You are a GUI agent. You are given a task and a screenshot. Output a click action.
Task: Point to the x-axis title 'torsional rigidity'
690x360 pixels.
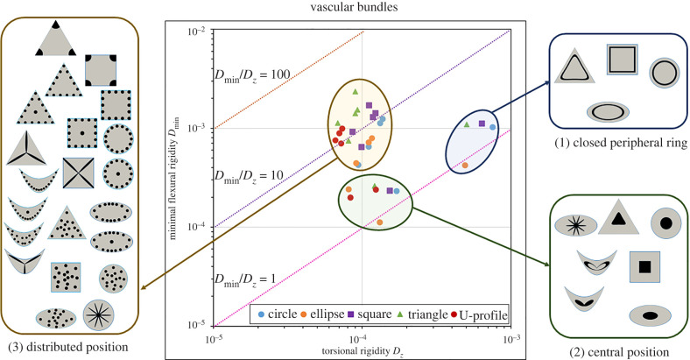click(358, 350)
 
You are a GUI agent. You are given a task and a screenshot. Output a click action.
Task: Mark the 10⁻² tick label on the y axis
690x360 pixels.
click(194, 31)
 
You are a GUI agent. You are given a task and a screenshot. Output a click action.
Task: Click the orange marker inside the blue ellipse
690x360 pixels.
click(465, 165)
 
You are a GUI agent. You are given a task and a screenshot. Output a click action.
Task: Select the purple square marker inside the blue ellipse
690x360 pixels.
click(482, 124)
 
